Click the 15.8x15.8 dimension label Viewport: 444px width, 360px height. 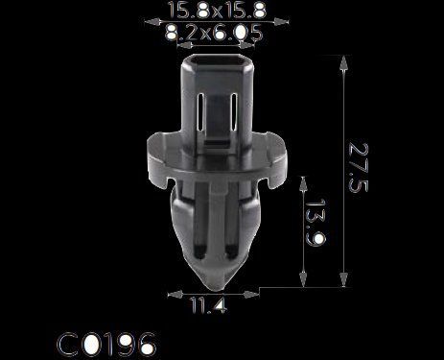217,10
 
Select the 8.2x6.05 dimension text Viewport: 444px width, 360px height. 213,33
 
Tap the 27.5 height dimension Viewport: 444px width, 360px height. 359,167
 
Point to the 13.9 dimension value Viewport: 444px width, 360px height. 315,223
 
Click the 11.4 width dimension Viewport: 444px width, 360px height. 209,305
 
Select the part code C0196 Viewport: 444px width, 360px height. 106,345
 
